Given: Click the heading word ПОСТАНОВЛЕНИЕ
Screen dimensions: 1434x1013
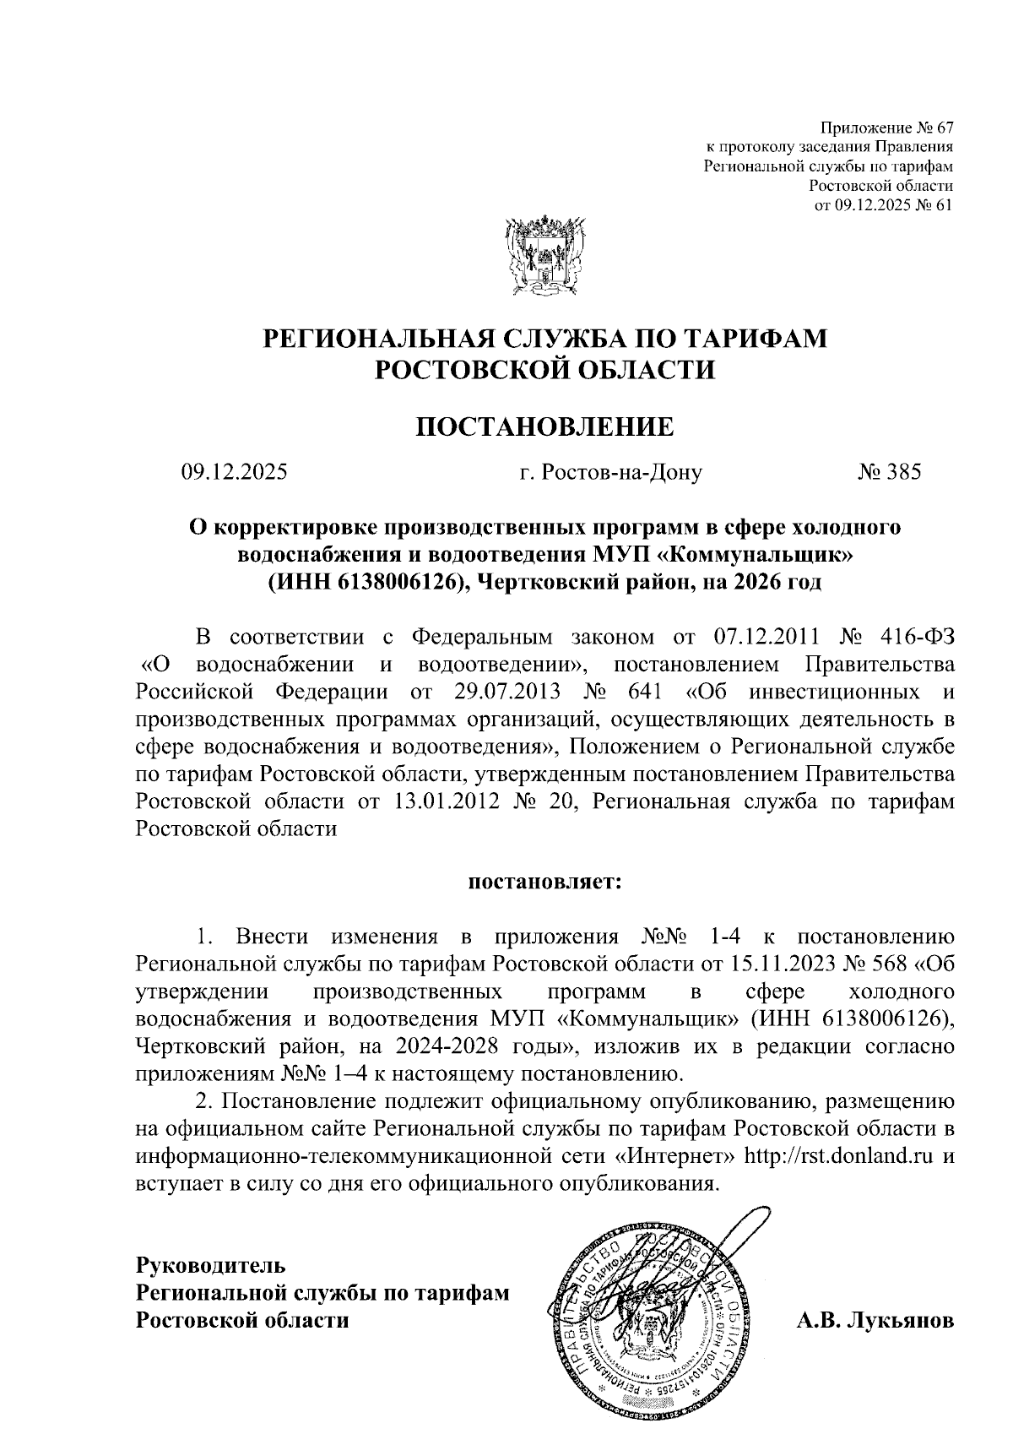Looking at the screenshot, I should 545,426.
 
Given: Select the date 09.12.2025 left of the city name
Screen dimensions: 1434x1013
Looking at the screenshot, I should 235,472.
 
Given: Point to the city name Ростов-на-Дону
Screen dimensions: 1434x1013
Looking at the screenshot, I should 611,472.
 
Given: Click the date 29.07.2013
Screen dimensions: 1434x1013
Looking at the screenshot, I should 506,690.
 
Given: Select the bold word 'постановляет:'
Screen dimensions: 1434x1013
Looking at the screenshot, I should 545,883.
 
